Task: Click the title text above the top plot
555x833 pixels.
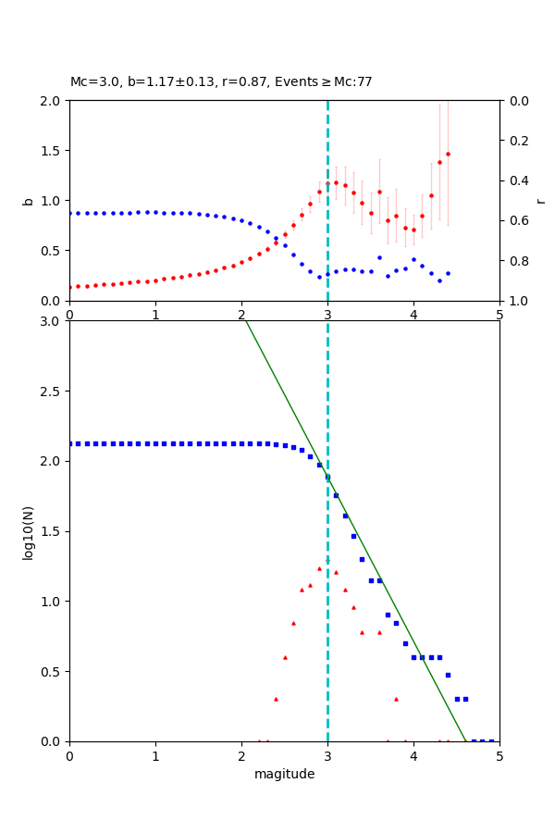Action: [x=221, y=82]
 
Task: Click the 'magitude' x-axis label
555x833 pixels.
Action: [x=284, y=774]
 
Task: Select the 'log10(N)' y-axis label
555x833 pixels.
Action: [x=28, y=531]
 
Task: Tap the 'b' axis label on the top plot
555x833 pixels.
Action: [x=28, y=200]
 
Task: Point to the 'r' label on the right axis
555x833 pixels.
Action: [x=540, y=200]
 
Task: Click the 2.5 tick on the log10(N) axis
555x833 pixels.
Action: [x=52, y=392]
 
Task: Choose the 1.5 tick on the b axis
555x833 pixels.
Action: [x=52, y=151]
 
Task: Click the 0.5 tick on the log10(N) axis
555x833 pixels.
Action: [x=52, y=672]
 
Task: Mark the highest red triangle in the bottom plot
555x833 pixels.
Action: [x=327, y=561]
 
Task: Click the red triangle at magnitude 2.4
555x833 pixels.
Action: [x=276, y=699]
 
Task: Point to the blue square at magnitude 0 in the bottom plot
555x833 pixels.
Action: [x=69, y=443]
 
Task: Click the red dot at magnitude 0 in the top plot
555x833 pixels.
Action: [x=69, y=287]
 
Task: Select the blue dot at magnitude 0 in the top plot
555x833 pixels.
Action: [x=69, y=213]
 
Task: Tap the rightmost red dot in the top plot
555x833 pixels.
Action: [x=448, y=154]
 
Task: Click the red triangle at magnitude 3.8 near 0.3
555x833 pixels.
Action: [x=396, y=699]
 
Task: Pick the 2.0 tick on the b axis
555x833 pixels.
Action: [x=52, y=101]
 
